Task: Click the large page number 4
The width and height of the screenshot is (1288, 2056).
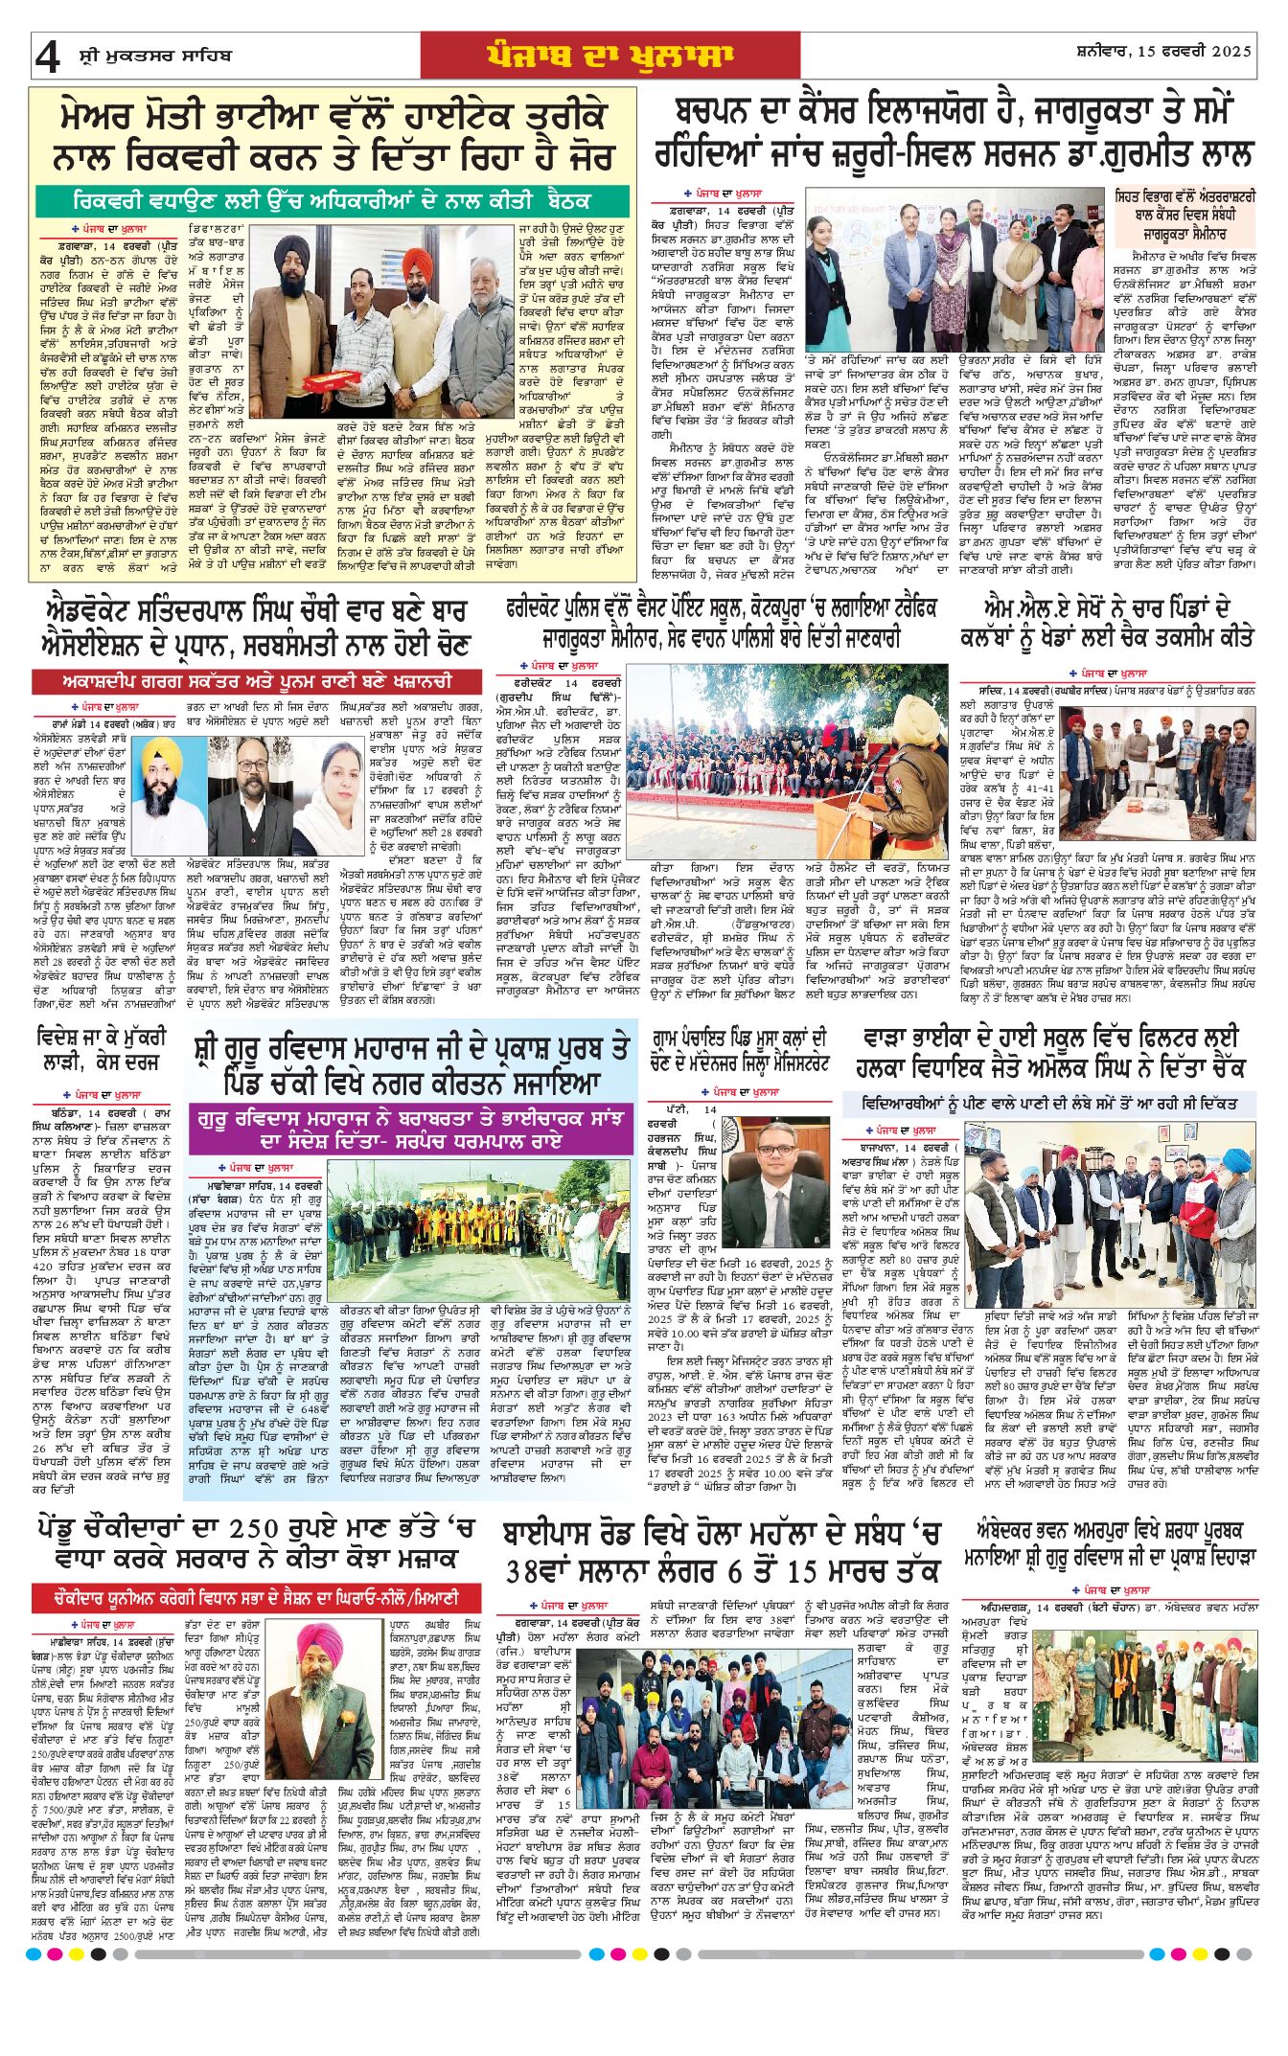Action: pos(46,58)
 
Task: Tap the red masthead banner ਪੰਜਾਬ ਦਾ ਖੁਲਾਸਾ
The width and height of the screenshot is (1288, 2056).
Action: pos(609,56)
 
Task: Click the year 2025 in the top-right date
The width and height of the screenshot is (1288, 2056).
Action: pos(1230,52)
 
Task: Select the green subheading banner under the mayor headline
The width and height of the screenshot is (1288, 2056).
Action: pos(333,201)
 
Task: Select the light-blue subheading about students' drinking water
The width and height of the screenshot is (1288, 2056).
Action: pos(1048,1104)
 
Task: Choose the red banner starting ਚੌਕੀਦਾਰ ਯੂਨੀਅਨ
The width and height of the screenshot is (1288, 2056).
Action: pos(245,1597)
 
